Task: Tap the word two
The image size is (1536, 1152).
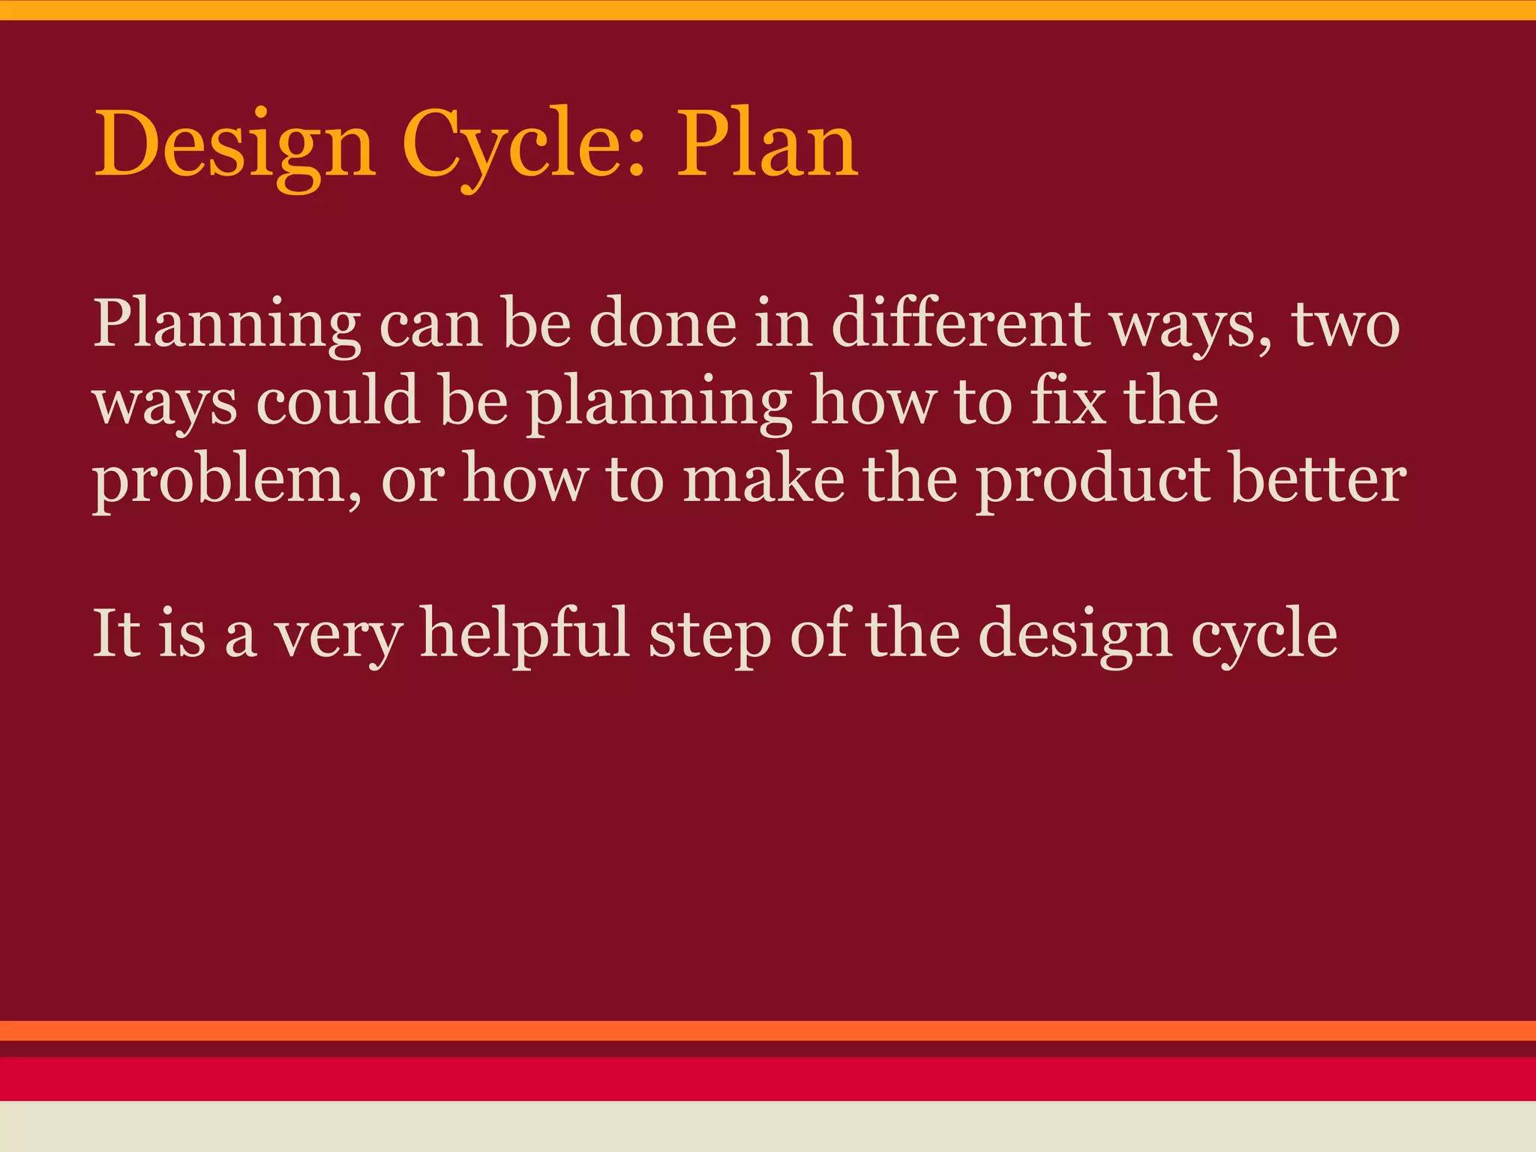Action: click(x=1345, y=325)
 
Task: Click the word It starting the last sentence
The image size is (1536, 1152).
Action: click(x=116, y=634)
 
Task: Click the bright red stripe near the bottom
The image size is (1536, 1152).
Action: click(x=768, y=1078)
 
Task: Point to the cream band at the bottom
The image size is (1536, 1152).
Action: click(x=768, y=1126)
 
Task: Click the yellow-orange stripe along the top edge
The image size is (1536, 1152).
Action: click(x=768, y=10)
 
